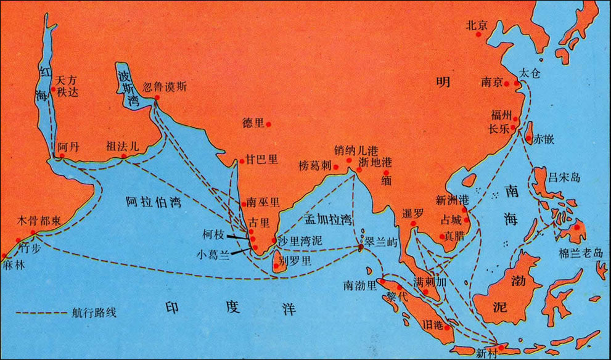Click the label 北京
[477, 25]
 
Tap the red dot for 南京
[506, 84]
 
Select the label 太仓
[529, 73]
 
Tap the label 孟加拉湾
[327, 219]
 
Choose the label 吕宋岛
[564, 178]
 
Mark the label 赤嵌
[544, 139]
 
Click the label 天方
[67, 80]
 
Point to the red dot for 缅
[387, 173]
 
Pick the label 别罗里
[296, 260]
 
